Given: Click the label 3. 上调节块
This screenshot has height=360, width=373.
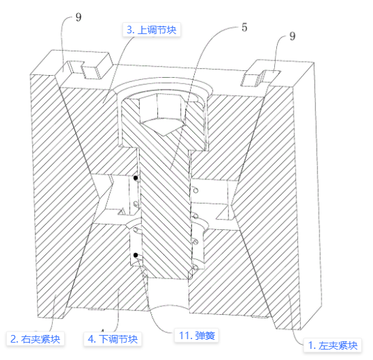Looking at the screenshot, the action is pyautogui.click(x=152, y=30).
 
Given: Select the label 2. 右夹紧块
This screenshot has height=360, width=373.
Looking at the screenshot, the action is pyautogui.click(x=35, y=339).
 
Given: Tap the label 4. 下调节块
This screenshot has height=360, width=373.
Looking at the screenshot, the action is pyautogui.click(x=113, y=339).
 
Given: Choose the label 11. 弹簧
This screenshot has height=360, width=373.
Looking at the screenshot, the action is pyautogui.click(x=197, y=336).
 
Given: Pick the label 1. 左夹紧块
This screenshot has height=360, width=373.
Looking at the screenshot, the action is pyautogui.click(x=333, y=345).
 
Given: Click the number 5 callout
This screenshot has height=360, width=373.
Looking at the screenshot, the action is pyautogui.click(x=244, y=28).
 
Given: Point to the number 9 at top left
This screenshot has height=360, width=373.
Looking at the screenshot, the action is pyautogui.click(x=78, y=17).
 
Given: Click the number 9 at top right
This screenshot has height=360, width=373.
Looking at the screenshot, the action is pyautogui.click(x=292, y=36).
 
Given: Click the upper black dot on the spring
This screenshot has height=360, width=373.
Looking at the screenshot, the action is pyautogui.click(x=136, y=178).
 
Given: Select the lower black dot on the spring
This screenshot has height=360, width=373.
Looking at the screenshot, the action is pyautogui.click(x=136, y=255).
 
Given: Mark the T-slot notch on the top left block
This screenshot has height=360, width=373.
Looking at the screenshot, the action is pyautogui.click(x=84, y=69).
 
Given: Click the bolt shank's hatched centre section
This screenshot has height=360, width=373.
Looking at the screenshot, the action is pyautogui.click(x=166, y=214).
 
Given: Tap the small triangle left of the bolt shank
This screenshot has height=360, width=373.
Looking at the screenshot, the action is pyautogui.click(x=122, y=212).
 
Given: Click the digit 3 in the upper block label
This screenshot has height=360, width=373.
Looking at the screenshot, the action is pyautogui.click(x=130, y=30).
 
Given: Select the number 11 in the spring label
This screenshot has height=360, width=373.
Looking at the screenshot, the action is pyautogui.click(x=184, y=336).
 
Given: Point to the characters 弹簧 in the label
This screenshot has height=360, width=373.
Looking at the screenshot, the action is pyautogui.click(x=205, y=336).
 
